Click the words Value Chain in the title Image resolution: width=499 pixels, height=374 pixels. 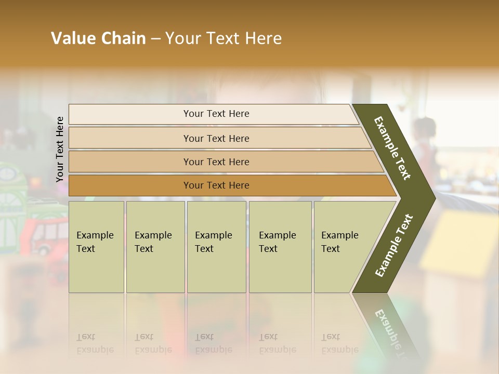(98, 38)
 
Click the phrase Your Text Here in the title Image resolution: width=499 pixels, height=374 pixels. (224, 38)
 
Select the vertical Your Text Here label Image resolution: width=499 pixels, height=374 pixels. (60, 149)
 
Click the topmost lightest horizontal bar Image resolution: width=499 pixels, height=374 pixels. (216, 114)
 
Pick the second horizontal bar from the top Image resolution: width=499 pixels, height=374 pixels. (216, 138)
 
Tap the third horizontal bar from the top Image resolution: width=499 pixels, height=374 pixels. (216, 162)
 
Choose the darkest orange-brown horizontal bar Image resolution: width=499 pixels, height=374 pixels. (216, 185)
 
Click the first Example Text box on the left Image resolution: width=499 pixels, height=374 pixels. (96, 247)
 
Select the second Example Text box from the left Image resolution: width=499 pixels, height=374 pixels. (155, 247)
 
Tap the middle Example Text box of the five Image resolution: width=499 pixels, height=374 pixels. (216, 247)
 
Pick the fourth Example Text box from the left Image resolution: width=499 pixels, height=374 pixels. (280, 247)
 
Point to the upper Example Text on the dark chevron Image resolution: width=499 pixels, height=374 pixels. (393, 148)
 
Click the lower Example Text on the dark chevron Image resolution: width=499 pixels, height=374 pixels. (394, 245)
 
